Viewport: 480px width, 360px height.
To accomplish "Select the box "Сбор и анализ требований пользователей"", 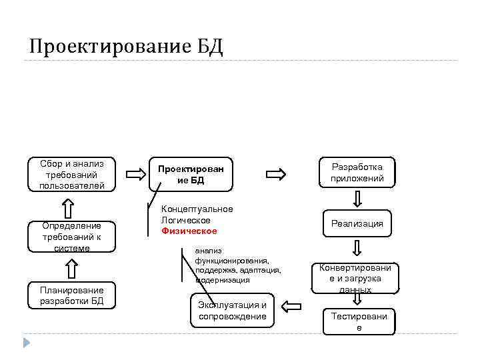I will click(x=72, y=174).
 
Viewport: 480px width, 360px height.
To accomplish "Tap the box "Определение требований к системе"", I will click(x=72, y=237).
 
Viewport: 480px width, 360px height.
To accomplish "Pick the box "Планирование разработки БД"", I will click(x=72, y=295).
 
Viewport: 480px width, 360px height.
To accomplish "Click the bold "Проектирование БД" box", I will click(x=191, y=175).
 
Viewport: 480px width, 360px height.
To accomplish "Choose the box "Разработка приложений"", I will click(x=357, y=172).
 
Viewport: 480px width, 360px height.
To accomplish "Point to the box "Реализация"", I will click(x=357, y=223).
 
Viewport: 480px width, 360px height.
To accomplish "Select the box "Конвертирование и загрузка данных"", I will click(x=357, y=277).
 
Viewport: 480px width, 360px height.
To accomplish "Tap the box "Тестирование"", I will click(x=359, y=321).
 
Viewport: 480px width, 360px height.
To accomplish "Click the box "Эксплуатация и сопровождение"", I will click(x=232, y=310).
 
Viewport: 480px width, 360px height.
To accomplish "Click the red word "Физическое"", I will click(x=189, y=231).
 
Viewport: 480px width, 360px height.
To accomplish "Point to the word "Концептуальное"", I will click(x=197, y=209).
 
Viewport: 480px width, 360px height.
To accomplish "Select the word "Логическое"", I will click(x=186, y=220).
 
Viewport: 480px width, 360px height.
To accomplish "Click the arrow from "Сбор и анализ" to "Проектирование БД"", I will click(x=135, y=175).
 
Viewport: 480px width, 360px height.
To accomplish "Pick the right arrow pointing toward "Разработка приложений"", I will click(x=275, y=175).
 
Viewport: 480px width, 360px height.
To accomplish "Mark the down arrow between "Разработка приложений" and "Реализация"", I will click(x=358, y=199).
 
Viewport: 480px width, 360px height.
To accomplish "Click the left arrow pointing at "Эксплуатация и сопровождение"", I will click(x=291, y=307).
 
